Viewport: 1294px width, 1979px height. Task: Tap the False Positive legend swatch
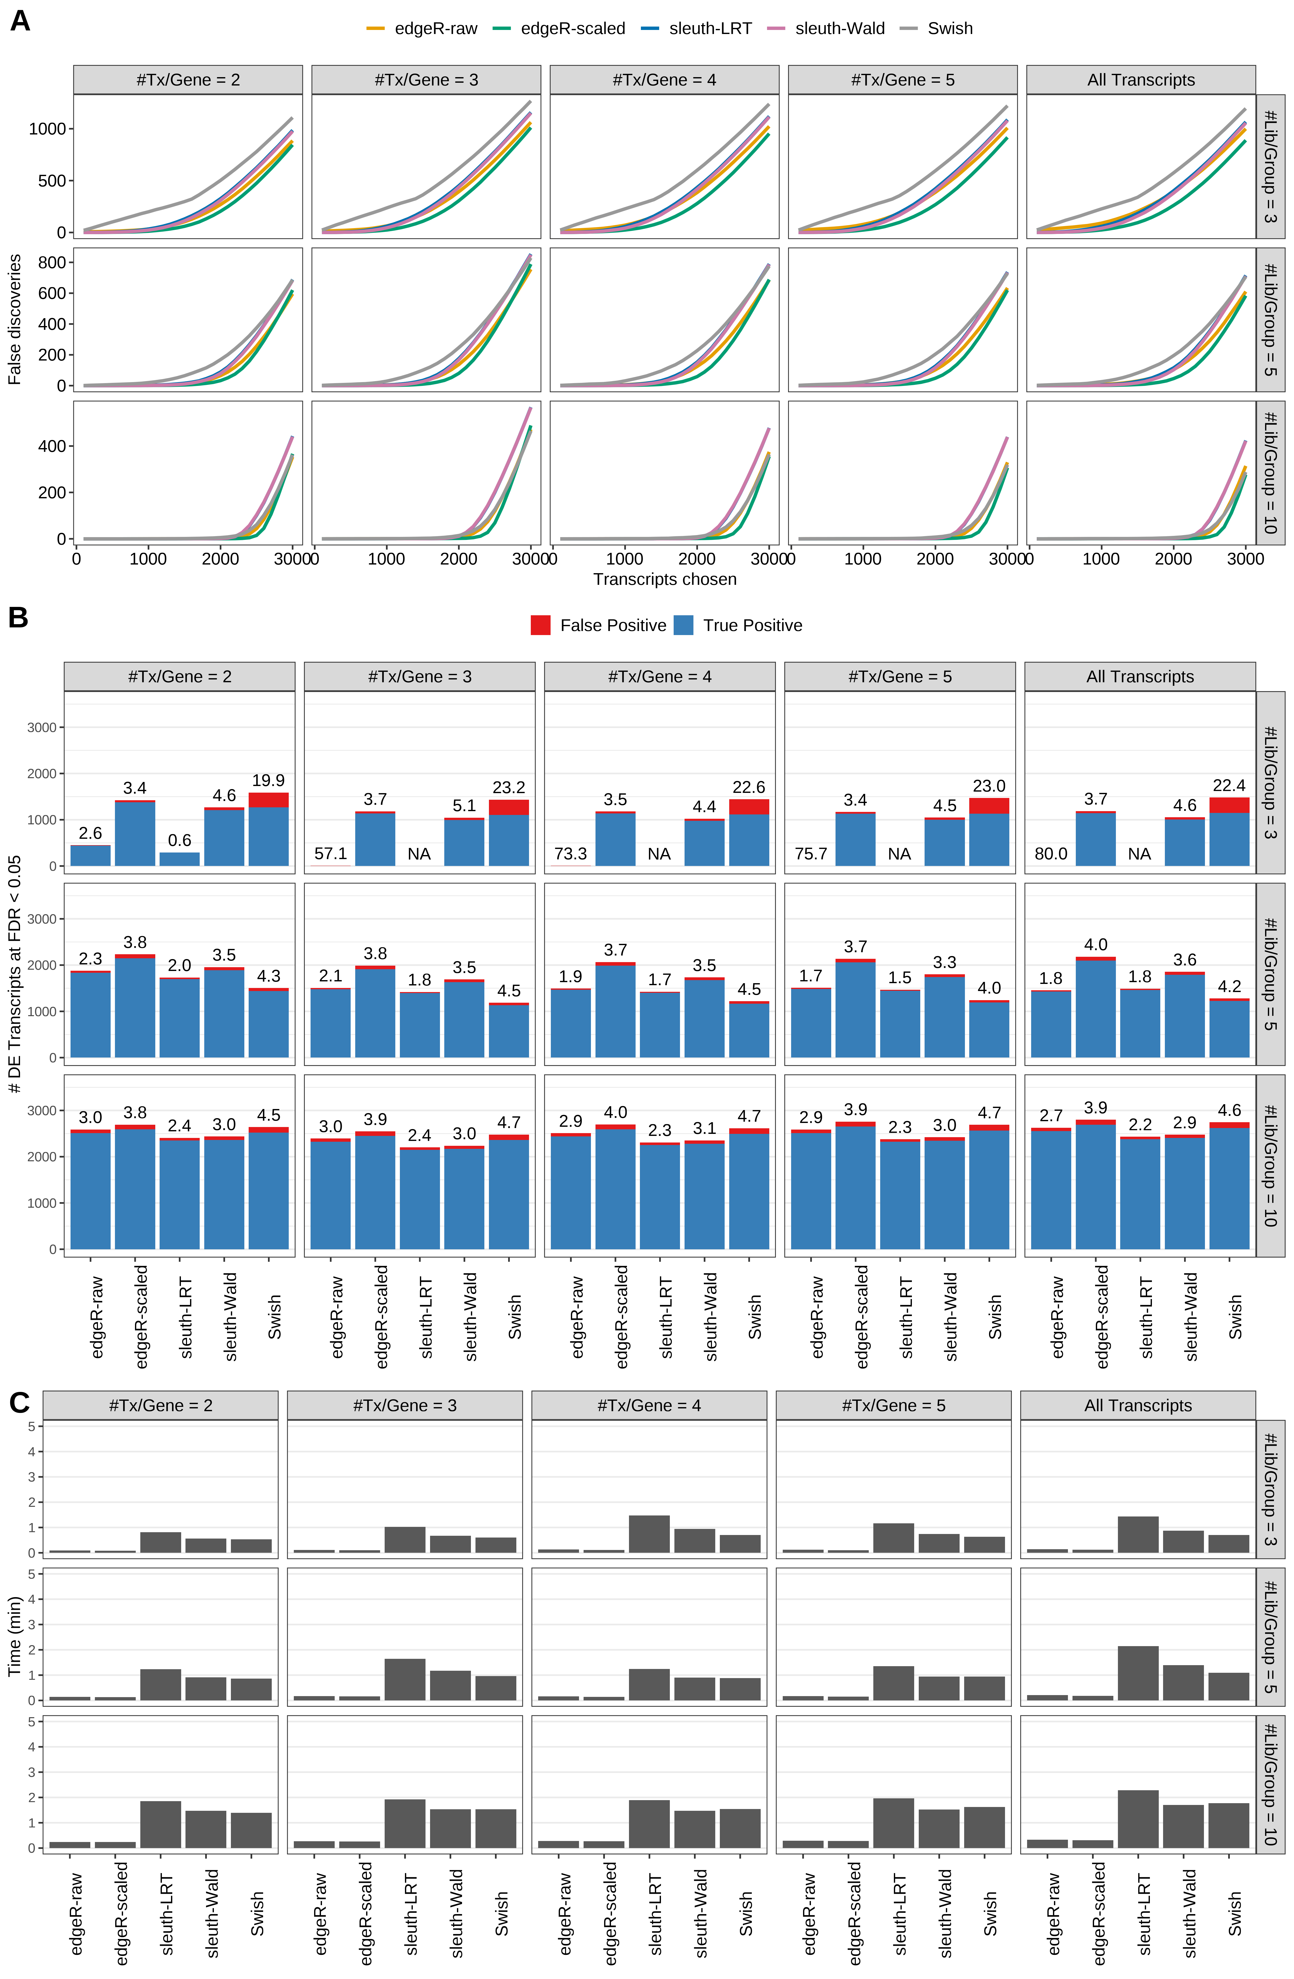(x=540, y=625)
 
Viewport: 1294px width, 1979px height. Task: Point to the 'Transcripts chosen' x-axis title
(x=665, y=579)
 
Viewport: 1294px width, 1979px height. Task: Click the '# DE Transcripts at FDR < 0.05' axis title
(x=14, y=975)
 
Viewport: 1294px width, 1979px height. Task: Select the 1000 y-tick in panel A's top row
(x=47, y=129)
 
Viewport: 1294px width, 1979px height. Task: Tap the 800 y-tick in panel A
(x=52, y=263)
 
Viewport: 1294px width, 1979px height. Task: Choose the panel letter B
(x=18, y=618)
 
